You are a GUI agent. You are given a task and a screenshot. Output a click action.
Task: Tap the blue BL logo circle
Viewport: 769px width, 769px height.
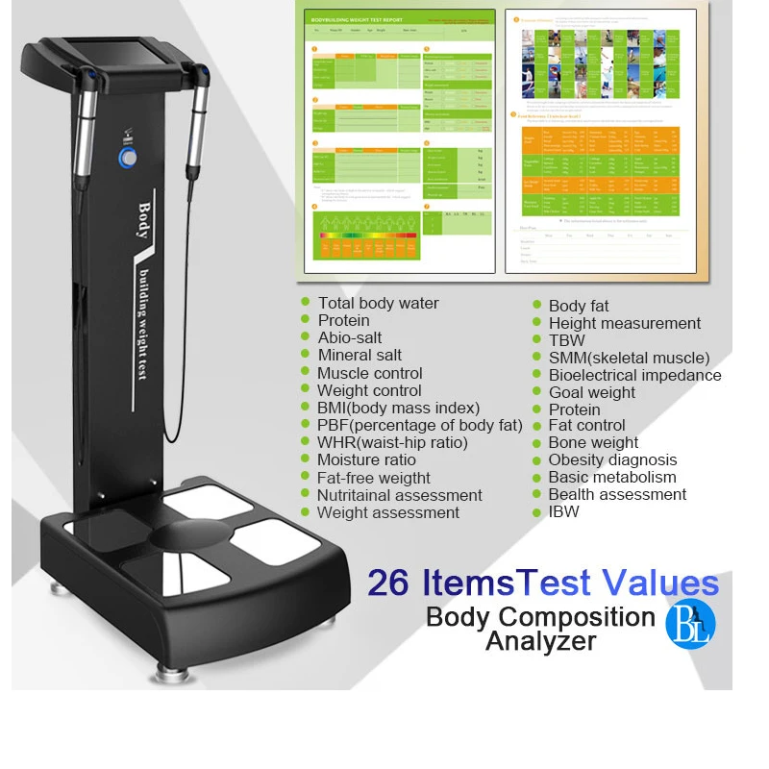[690, 621]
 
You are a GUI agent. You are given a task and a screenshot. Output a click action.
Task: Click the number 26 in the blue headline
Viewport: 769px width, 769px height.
[388, 583]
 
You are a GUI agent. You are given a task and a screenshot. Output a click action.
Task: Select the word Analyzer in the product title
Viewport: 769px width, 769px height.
[540, 641]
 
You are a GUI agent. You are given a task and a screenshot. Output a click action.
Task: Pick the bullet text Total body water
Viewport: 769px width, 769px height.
[378, 303]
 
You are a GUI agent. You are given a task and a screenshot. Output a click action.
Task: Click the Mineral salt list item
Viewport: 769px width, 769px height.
[360, 355]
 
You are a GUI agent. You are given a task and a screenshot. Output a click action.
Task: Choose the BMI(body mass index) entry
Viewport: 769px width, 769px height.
[398, 408]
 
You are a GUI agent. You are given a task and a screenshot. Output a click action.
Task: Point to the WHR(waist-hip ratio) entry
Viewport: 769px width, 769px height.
[392, 442]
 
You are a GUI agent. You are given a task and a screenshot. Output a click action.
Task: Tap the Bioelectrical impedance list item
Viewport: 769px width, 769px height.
[634, 375]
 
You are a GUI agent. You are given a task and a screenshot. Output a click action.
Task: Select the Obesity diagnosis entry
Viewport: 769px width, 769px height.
[612, 459]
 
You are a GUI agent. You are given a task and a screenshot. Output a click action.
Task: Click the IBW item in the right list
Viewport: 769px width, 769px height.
[564, 511]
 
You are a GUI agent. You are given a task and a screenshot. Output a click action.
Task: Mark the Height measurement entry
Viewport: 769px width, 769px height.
[625, 323]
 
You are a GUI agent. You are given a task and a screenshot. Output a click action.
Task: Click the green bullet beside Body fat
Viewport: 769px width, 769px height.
[538, 306]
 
